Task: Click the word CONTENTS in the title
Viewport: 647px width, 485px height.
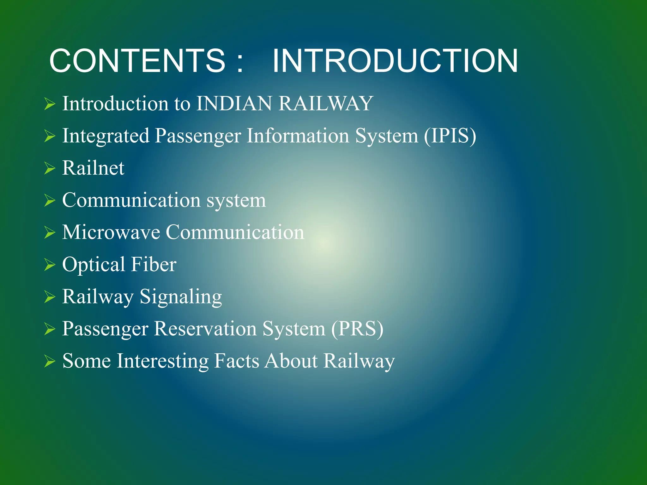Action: (137, 61)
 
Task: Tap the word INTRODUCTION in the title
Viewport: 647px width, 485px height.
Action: (395, 61)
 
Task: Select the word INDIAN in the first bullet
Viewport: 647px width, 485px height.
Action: (234, 104)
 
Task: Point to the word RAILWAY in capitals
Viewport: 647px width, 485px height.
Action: (325, 104)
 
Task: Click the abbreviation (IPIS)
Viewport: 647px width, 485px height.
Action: (450, 136)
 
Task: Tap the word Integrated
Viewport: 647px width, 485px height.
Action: (106, 136)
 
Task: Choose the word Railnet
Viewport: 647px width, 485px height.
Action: (93, 168)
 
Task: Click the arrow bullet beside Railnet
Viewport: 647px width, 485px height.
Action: (50, 168)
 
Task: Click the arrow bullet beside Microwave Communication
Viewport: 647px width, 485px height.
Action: (50, 233)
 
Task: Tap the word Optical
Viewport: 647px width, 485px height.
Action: (94, 265)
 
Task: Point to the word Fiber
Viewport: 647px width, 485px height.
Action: (154, 265)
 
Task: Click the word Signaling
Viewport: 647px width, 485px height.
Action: (181, 297)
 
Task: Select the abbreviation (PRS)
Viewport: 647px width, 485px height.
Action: (357, 329)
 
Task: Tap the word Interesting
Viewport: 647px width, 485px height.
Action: (162, 361)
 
